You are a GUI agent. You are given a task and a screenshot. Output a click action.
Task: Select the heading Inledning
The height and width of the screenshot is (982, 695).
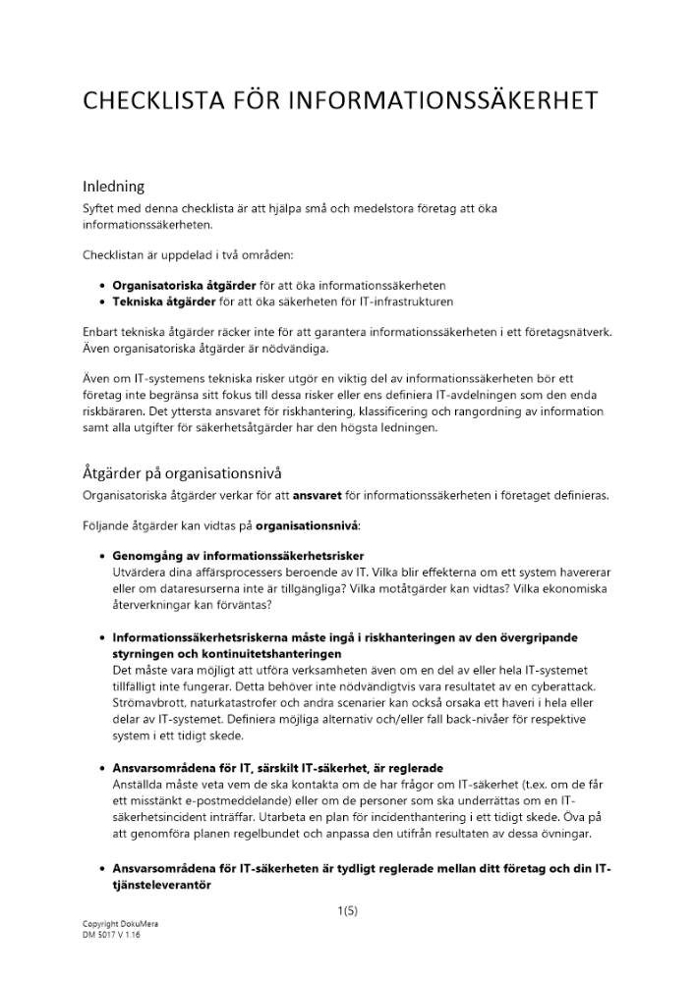click(114, 186)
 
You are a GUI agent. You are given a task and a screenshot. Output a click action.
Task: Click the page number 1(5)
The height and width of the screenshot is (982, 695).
click(347, 910)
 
